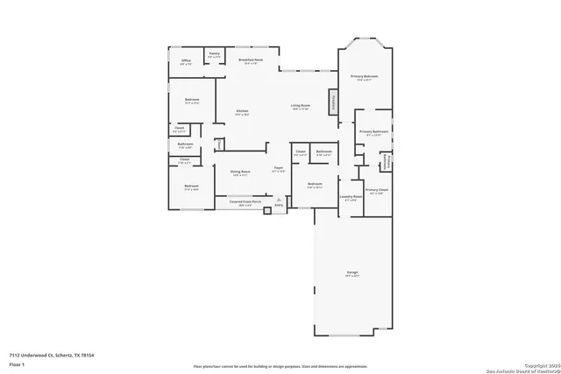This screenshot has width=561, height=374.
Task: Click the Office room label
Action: pyautogui.click(x=186, y=62)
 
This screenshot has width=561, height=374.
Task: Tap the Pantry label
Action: pyautogui.click(x=214, y=54)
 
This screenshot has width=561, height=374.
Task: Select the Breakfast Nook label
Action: pyautogui.click(x=252, y=61)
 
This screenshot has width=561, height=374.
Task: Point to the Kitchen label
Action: pyautogui.click(x=241, y=111)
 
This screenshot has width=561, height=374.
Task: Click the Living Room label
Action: pyautogui.click(x=301, y=108)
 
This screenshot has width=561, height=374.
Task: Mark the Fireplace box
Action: pyautogui.click(x=333, y=102)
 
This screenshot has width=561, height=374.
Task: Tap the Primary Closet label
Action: pyautogui.click(x=377, y=191)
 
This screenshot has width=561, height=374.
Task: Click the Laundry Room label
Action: pyautogui.click(x=352, y=198)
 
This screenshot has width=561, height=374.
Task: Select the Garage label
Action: pyautogui.click(x=351, y=274)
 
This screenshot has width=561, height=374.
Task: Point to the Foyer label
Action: pyautogui.click(x=279, y=168)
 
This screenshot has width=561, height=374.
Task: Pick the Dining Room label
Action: pyautogui.click(x=241, y=173)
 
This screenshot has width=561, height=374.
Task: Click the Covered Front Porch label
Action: pyautogui.click(x=245, y=202)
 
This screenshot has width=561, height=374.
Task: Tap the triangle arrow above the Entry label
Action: pyautogui.click(x=278, y=200)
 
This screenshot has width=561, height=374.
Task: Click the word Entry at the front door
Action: pyautogui.click(x=278, y=206)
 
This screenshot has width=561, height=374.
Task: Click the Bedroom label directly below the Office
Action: pyautogui.click(x=192, y=100)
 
